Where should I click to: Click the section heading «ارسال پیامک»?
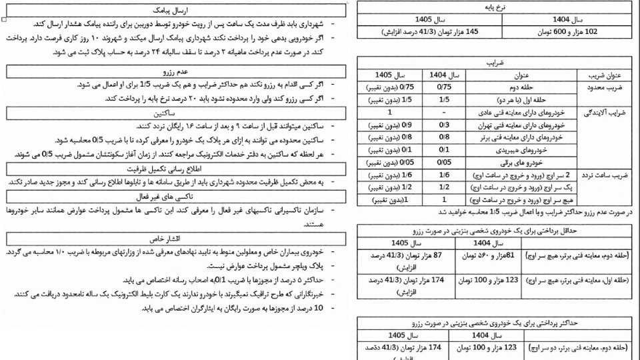[x=175, y=11]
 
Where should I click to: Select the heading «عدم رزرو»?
[x=175, y=71]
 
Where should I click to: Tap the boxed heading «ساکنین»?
[x=175, y=113]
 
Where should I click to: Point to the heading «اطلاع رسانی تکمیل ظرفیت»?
[x=175, y=169]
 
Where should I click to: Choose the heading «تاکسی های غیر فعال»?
[x=175, y=197]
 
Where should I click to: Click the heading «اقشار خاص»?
[x=175, y=238]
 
